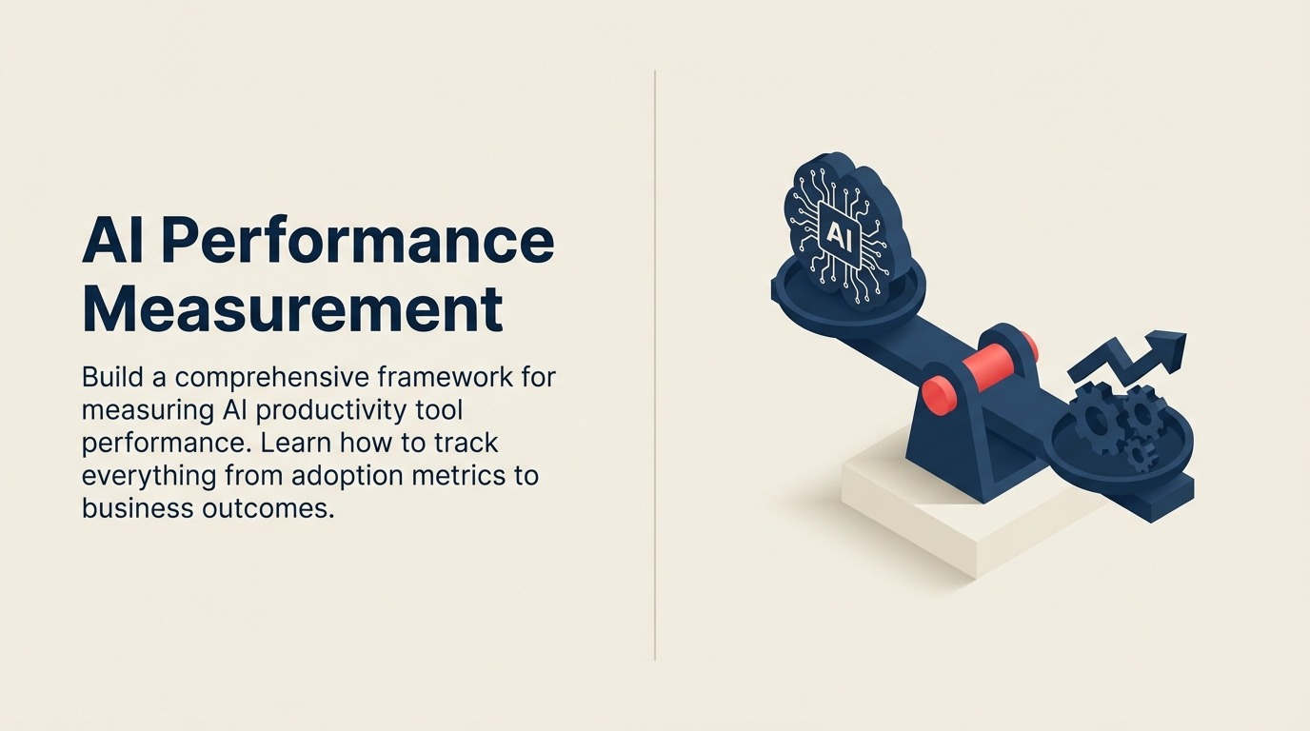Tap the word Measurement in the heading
[x=292, y=309]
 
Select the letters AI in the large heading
[x=112, y=242]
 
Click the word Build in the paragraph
[x=112, y=377]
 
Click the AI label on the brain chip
[x=839, y=234]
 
